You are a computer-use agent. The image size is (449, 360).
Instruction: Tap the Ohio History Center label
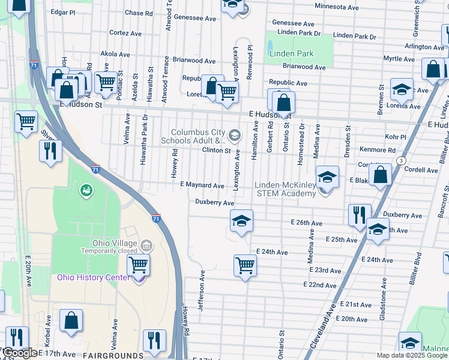(x=93, y=277)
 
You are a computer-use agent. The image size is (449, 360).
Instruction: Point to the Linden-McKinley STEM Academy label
(x=285, y=189)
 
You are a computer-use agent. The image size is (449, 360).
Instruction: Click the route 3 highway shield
(x=400, y=160)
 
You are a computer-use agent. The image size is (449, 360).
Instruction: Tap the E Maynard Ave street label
(x=202, y=185)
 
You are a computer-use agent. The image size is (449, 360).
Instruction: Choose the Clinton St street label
(x=216, y=150)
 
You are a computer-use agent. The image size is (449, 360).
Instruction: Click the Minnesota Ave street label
(x=337, y=7)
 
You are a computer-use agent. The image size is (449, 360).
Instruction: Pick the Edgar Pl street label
(x=63, y=11)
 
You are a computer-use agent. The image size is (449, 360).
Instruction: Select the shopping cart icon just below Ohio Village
(x=139, y=264)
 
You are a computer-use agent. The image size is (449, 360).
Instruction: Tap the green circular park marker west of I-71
(x=86, y=191)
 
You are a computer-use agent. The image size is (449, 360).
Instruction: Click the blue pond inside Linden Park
(x=270, y=46)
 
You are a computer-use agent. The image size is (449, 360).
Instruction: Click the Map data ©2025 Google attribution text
(x=412, y=355)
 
